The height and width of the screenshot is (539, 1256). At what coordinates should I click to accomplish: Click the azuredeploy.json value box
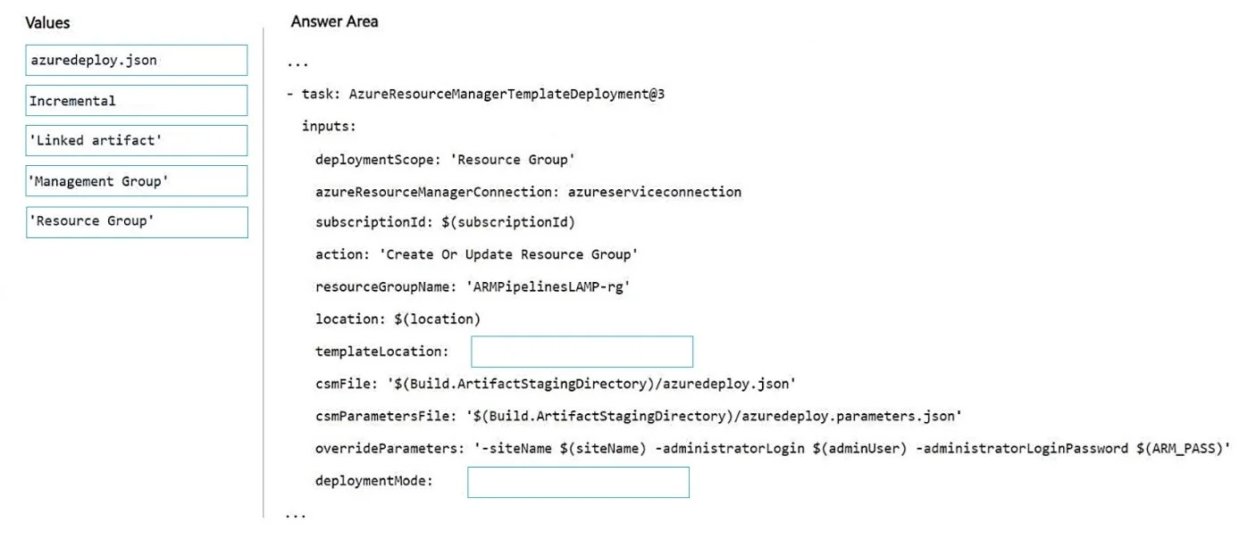(137, 60)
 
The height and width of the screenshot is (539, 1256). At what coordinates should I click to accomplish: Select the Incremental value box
(137, 100)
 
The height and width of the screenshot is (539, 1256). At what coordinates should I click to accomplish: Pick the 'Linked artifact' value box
(137, 140)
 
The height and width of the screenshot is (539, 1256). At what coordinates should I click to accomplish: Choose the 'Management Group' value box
(137, 180)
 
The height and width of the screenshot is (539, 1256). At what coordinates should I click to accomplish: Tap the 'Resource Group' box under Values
(137, 222)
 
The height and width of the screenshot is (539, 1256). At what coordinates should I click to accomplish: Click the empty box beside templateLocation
(582, 352)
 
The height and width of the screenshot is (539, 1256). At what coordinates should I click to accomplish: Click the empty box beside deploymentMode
(578, 483)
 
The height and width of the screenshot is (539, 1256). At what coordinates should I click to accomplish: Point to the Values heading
(47, 23)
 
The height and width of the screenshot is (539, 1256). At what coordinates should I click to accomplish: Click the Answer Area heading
(334, 21)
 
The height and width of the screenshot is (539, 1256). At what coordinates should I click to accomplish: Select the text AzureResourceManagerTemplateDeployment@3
(507, 94)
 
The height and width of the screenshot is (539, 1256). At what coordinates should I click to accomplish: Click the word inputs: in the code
(329, 127)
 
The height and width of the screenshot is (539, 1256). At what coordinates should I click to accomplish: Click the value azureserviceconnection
(655, 192)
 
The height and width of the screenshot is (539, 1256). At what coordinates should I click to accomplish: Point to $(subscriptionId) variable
(508, 222)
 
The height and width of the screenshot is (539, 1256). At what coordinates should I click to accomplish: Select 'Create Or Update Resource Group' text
(508, 255)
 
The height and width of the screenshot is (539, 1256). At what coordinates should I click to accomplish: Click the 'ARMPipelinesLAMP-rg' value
(548, 287)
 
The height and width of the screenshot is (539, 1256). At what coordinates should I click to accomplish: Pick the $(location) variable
(437, 319)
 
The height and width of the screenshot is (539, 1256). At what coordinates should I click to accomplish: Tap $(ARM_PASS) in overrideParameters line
(1179, 449)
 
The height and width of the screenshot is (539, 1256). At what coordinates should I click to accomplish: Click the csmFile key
(347, 385)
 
